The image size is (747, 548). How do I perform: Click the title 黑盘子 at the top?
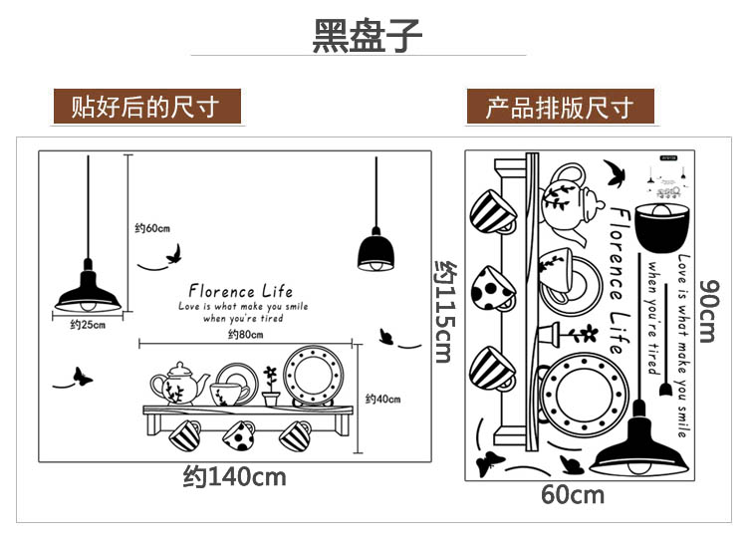[368, 36]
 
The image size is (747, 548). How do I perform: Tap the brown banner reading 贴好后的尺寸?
[147, 107]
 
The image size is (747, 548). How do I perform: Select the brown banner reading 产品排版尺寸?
[561, 107]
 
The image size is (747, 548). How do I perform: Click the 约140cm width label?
[235, 477]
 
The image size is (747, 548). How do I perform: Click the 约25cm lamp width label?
[88, 326]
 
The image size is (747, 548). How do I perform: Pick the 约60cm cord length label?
[152, 229]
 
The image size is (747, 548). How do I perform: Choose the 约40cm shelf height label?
[382, 400]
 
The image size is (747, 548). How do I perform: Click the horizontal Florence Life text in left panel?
[241, 291]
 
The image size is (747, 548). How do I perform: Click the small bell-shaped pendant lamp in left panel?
[375, 250]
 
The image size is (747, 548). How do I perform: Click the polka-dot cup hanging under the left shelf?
[239, 434]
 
